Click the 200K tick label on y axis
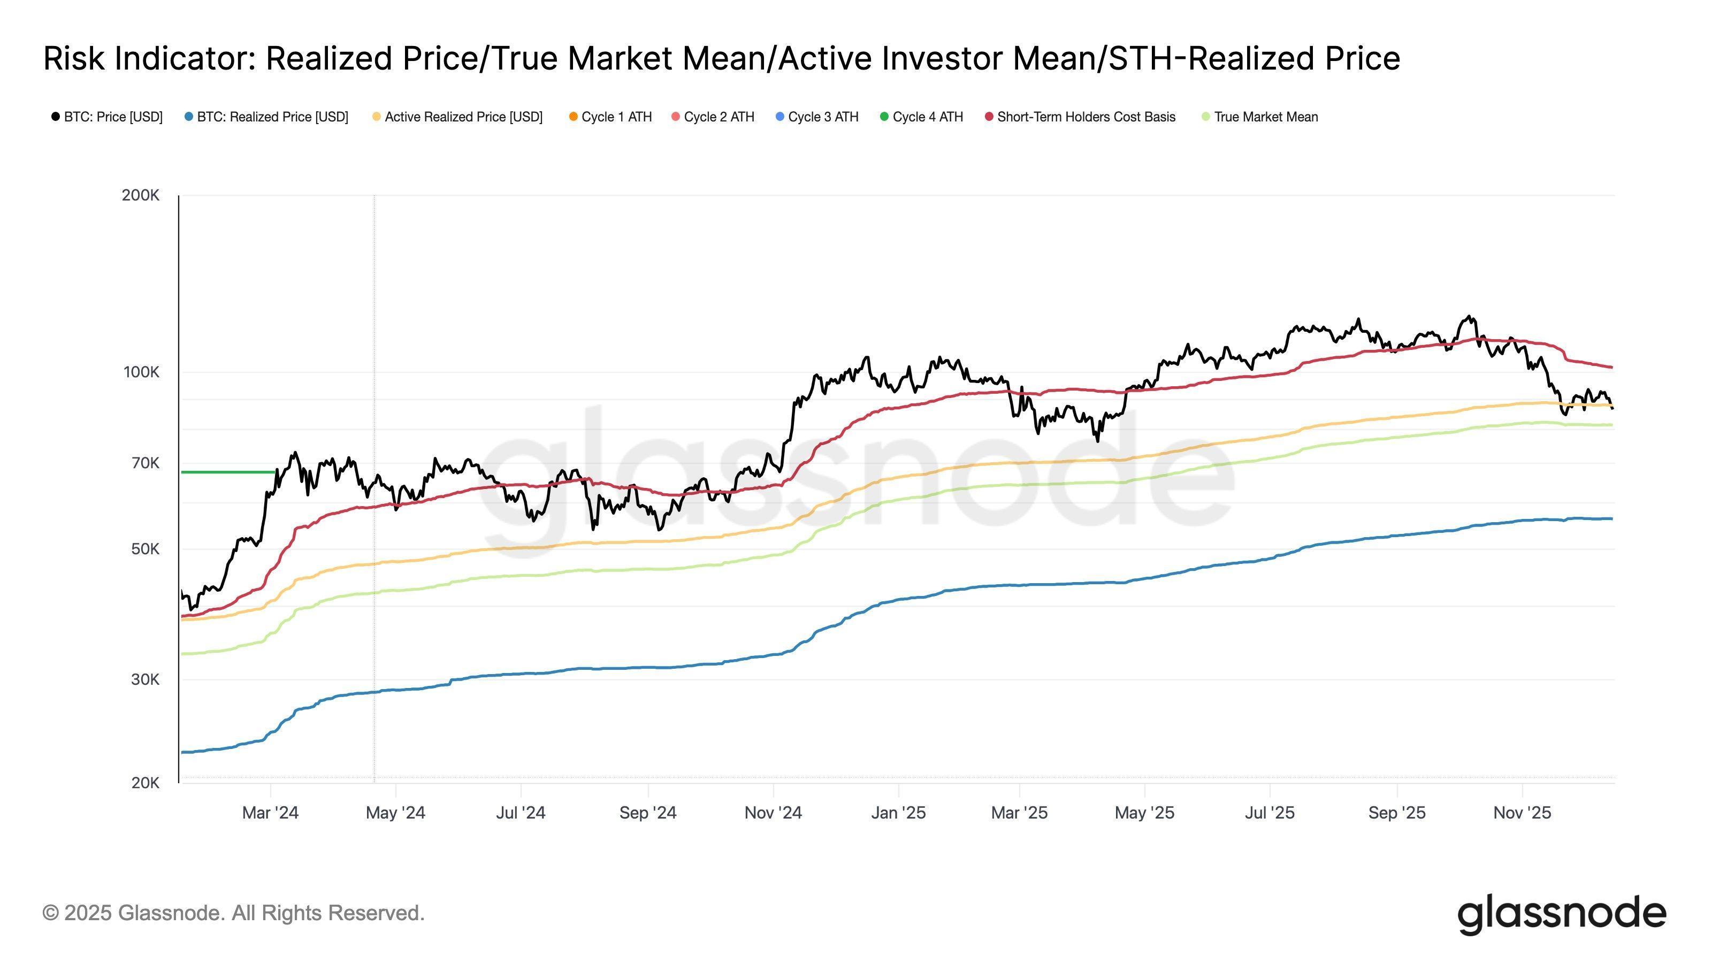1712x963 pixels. [140, 195]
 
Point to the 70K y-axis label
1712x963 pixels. [146, 463]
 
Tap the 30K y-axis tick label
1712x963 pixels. [145, 679]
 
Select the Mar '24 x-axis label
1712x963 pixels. [270, 813]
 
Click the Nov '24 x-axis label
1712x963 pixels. [773, 813]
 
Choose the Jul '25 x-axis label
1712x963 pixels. [1270, 813]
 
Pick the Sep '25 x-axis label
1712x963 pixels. [1396, 813]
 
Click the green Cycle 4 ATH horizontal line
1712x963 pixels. [226, 472]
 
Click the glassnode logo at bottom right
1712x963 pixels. [1561, 915]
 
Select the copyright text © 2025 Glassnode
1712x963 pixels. [233, 913]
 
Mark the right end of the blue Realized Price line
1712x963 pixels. [1611, 518]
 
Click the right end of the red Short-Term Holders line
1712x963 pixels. [1611, 367]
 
